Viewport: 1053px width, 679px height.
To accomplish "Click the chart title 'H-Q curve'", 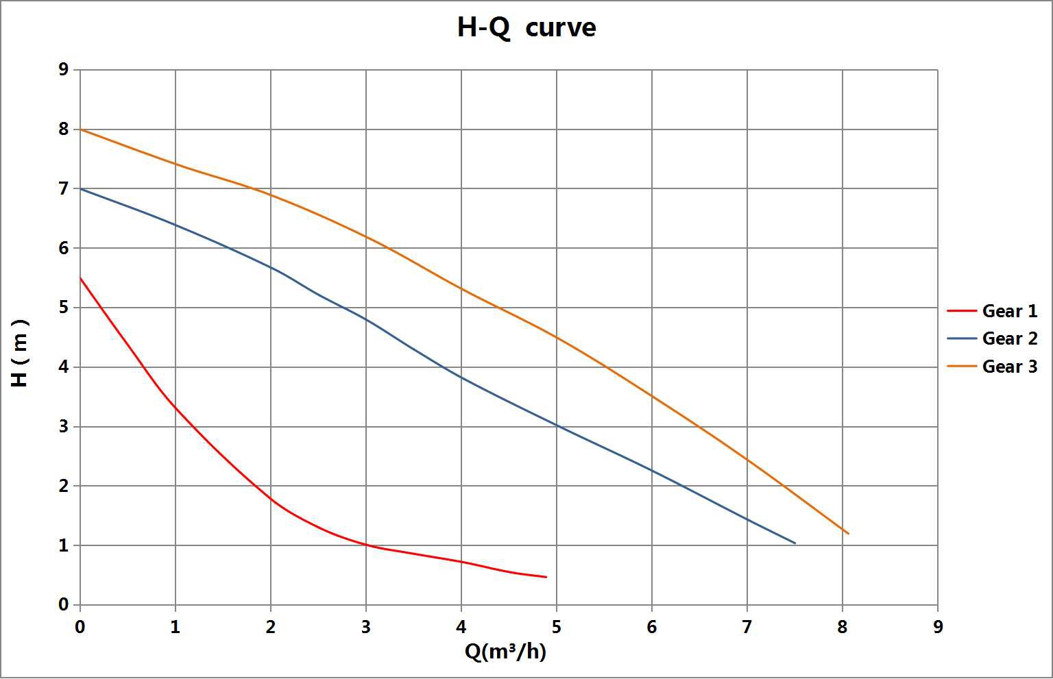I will pos(526,28).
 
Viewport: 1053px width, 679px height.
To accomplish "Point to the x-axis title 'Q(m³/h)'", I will pos(505,652).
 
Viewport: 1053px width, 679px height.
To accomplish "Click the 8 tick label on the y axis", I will pos(64,129).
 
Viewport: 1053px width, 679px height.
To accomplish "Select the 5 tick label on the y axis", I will pos(64,308).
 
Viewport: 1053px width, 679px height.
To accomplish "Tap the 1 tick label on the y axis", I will pos(64,546).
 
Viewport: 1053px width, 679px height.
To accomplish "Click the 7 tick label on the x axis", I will pos(747,627).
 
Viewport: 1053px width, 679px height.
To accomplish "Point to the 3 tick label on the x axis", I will pos(365,627).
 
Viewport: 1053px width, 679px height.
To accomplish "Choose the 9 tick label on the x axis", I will pos(937,627).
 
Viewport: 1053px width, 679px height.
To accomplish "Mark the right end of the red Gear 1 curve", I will pos(546,577).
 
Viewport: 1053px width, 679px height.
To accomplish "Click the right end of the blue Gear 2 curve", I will pos(795,543).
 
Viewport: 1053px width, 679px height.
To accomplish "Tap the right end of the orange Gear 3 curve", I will pos(848,534).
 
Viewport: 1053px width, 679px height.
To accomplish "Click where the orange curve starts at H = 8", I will pos(81,129).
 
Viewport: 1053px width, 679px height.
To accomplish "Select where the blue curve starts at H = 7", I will pos(81,188).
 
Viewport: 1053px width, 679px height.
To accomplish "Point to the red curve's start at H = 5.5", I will pos(81,277).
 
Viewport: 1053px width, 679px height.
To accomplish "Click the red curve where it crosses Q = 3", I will pos(366,545).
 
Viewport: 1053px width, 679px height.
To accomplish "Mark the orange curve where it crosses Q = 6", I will pos(652,397).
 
